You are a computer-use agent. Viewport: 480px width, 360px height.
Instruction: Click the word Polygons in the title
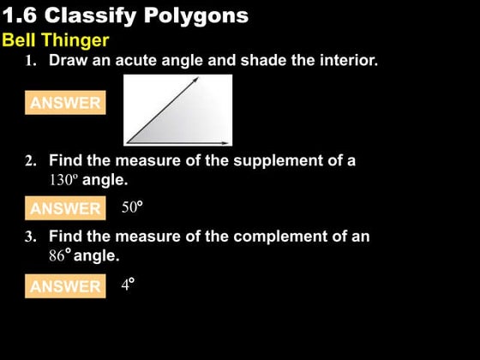200,15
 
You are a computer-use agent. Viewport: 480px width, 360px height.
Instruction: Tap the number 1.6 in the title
21,15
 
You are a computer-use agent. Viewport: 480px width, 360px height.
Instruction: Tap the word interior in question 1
345,61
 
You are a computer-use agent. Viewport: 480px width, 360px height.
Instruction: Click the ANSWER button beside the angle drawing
65,103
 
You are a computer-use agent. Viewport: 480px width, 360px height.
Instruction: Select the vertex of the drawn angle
128,141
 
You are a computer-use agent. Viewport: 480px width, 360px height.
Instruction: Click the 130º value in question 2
63,181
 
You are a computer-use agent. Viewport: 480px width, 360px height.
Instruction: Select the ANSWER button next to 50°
65,208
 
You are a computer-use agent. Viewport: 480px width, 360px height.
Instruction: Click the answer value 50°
131,207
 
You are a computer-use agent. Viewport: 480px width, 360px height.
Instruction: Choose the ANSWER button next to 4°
65,286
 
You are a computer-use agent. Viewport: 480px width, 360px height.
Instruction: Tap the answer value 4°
128,285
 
